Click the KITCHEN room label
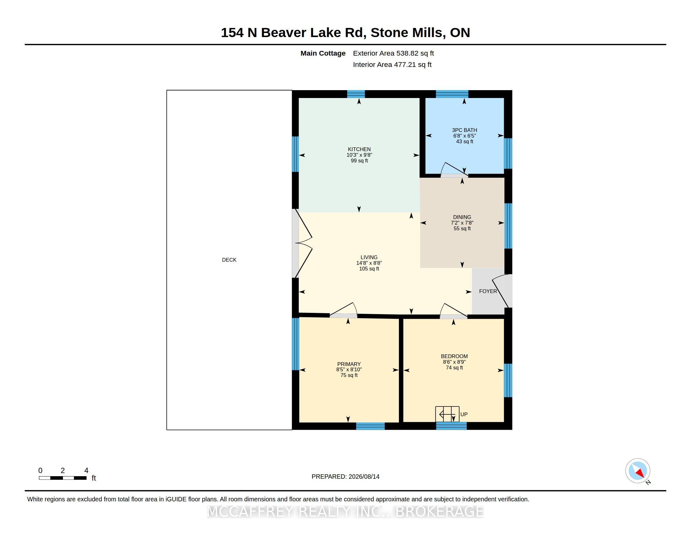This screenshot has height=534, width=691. [359, 149]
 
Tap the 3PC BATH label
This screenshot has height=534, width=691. [465, 130]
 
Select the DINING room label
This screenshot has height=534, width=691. [462, 217]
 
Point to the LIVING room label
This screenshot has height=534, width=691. [369, 257]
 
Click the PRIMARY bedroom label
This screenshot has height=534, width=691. [349, 364]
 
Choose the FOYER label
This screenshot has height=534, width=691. [488, 292]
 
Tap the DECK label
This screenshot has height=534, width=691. [229, 260]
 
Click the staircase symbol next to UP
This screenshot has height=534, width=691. [447, 414]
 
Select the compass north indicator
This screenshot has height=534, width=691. [638, 471]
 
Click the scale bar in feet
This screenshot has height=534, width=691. [63, 478]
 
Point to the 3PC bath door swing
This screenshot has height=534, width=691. [454, 170]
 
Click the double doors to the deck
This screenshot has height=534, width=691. [302, 243]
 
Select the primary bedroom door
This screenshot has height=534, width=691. [344, 310]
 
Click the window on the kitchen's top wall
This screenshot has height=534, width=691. [356, 94]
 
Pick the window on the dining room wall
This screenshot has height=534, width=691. [508, 226]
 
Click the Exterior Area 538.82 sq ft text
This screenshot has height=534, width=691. [393, 53]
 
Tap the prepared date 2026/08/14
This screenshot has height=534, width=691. [364, 477]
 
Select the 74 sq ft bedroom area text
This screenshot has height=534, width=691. [454, 368]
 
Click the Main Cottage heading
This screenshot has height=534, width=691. [323, 53]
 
